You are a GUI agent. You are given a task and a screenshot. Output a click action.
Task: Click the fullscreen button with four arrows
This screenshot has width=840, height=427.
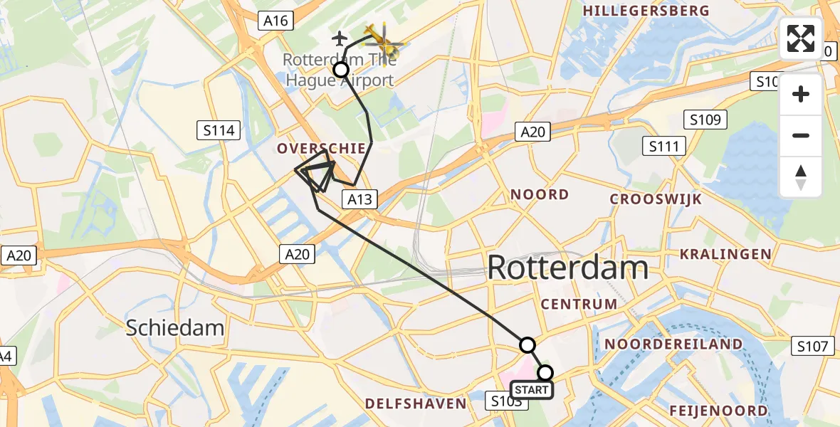click(801, 38)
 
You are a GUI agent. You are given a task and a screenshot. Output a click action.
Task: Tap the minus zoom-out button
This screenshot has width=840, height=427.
click(801, 135)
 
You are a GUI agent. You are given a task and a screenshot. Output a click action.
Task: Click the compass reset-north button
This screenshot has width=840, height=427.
click(801, 177)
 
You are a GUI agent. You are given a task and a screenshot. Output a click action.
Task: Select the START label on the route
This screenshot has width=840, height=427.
click(531, 390)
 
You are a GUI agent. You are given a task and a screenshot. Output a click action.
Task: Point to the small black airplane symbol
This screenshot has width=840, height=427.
click(340, 37)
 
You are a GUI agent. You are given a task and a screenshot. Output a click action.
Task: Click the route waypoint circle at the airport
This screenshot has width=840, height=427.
click(341, 69)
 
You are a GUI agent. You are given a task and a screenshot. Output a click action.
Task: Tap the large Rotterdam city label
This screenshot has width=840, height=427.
click(567, 268)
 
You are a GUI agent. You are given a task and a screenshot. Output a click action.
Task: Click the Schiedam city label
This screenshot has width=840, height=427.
click(175, 327)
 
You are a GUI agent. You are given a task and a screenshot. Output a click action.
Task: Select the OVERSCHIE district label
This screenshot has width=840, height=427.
click(322, 149)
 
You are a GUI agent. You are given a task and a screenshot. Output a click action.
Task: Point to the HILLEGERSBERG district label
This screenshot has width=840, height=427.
click(646, 11)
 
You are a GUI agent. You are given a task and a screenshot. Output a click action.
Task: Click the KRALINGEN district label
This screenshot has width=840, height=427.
click(725, 254)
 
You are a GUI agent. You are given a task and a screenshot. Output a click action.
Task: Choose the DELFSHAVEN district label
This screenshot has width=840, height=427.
click(416, 404)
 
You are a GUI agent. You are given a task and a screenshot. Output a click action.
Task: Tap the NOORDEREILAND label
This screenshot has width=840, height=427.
click(673, 344)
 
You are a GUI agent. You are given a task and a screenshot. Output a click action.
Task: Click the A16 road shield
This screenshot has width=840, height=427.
click(275, 21)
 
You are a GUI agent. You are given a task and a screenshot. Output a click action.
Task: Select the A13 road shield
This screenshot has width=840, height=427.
click(359, 199)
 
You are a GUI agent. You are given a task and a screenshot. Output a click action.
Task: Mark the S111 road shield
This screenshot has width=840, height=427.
click(663, 147)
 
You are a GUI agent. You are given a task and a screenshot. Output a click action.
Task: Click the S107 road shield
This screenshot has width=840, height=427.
click(812, 347)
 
